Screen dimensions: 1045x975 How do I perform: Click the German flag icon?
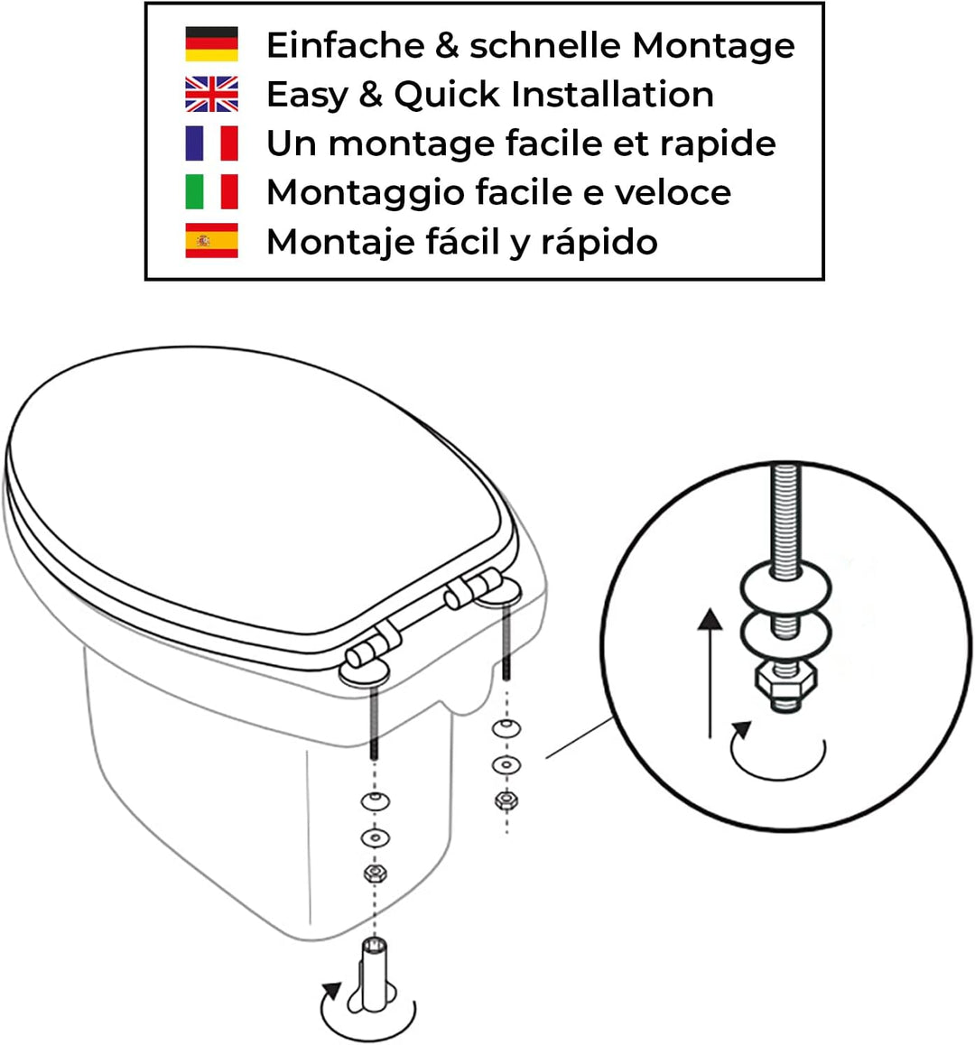211,44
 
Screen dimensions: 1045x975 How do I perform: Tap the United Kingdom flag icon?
211,94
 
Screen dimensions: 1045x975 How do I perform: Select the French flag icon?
211,143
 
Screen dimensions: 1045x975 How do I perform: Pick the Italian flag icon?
211,191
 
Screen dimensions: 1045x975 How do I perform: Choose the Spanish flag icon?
211,241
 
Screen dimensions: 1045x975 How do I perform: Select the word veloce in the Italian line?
673,192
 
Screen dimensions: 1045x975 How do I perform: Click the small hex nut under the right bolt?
506,800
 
